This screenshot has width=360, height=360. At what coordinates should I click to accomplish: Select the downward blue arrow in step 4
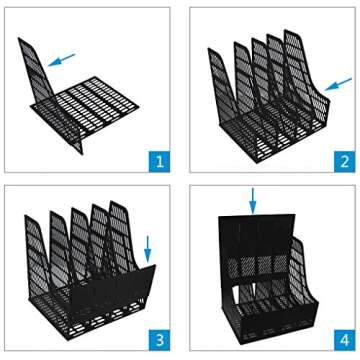click(254, 201)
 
